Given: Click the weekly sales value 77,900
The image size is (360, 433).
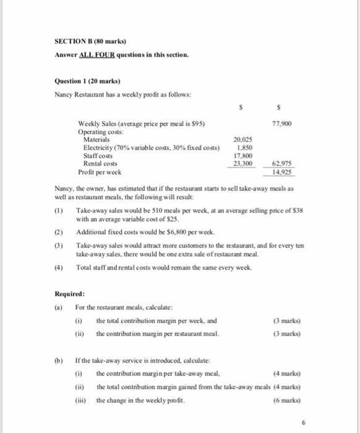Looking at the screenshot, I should tap(281, 124).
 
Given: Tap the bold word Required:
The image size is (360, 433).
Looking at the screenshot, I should tap(69, 294).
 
